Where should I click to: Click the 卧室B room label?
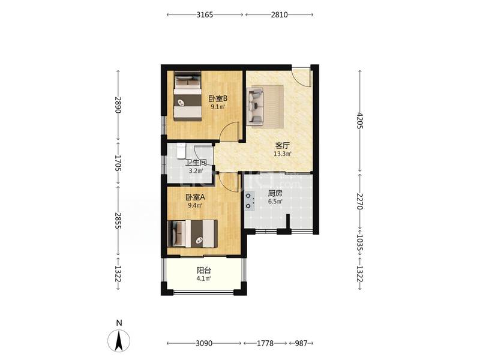point(218,98)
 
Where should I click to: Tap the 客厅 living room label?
point(282,146)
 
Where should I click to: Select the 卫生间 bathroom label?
point(196,163)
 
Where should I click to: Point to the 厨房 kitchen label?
point(275,193)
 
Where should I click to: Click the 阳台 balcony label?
point(203,271)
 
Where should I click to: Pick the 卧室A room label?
point(196,197)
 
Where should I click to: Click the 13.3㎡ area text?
point(282,154)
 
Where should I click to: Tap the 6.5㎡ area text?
point(275,201)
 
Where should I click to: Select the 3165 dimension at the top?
point(205,14)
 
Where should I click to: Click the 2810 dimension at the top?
point(279,14)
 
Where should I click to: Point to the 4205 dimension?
point(360,121)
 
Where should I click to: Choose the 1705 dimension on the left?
point(118,163)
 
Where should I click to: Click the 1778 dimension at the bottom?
point(265,343)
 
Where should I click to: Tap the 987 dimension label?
point(301,343)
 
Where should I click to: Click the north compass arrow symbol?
point(119,340)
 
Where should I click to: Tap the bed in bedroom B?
point(188,96)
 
